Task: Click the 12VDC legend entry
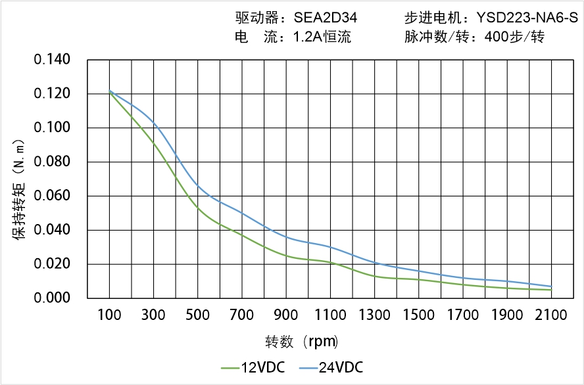(253, 367)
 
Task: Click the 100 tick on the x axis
(110, 315)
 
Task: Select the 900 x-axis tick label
(287, 315)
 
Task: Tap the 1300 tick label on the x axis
(375, 315)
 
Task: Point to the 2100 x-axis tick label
(551, 315)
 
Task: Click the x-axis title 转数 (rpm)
(302, 342)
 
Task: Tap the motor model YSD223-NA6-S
(522, 18)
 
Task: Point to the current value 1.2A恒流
(322, 37)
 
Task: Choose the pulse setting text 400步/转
(514, 37)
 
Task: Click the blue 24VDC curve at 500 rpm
(198, 187)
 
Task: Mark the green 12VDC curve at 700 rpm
(243, 235)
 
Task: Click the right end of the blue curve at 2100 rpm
(551, 286)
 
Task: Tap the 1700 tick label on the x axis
(463, 315)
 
